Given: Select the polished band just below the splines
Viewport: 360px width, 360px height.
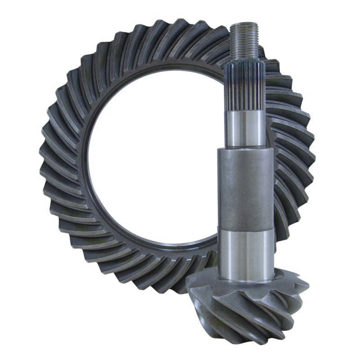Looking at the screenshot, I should pos(246,128).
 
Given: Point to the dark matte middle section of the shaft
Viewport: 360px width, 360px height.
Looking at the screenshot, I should pos(246,189).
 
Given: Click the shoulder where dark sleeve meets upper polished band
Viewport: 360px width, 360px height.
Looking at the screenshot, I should pos(246,148).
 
